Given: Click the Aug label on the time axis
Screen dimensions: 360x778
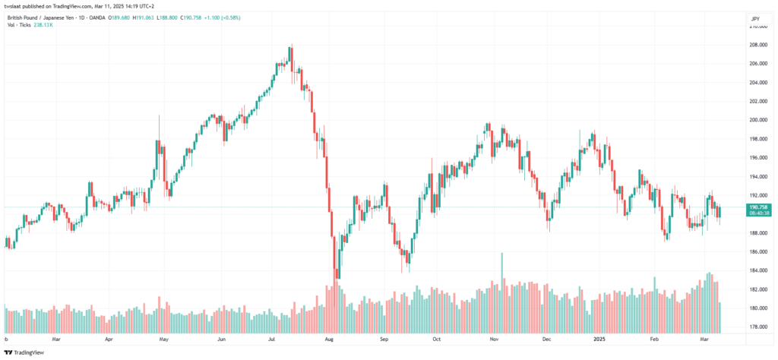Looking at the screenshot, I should click(328, 341).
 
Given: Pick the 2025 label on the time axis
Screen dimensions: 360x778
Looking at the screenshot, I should click(599, 341).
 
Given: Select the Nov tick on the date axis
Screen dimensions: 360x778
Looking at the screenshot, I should click(493, 341).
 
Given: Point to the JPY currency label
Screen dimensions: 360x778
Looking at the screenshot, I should click(754, 18).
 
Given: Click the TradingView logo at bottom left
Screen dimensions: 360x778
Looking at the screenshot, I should click(24, 352).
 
